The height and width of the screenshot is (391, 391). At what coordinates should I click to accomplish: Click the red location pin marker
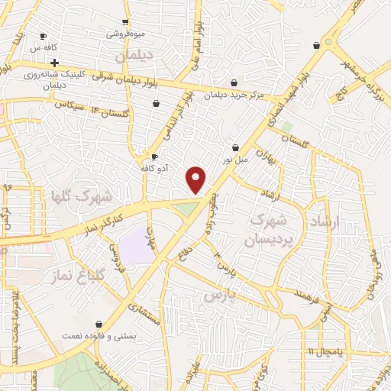(196, 180)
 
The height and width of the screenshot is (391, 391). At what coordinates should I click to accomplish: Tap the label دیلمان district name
(134, 57)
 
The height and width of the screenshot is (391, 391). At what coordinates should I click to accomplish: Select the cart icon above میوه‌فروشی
(125, 22)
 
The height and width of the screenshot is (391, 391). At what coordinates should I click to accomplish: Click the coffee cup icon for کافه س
(43, 36)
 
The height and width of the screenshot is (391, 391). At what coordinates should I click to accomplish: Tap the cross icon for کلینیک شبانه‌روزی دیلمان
(54, 63)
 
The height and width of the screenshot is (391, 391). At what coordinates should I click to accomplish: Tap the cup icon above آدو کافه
(155, 157)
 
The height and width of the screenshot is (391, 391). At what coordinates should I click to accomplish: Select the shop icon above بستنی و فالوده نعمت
(99, 324)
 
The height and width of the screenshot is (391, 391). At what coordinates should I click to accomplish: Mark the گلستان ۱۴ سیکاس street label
(77, 108)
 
